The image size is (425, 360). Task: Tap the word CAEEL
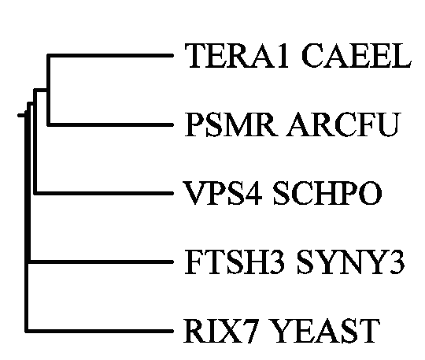point(357,55)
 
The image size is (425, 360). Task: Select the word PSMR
point(231,124)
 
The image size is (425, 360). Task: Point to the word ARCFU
point(343,124)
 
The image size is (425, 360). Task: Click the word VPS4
point(223,193)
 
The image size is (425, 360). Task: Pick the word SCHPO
point(327,193)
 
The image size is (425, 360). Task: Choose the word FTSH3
point(235,262)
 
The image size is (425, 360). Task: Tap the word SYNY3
point(350,262)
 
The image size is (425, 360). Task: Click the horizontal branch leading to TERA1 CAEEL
point(110,55)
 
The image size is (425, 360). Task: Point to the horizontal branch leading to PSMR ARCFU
point(110,124)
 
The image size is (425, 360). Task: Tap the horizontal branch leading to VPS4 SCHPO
point(104,193)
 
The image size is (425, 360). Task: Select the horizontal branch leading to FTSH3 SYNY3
point(101,262)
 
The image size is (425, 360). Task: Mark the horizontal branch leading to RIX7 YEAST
point(99,331)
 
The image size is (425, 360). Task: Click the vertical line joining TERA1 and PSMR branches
point(49,90)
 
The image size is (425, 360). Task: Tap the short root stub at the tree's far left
point(21,116)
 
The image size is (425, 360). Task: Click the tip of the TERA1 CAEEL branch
point(173,55)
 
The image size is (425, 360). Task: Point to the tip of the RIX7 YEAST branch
point(173,331)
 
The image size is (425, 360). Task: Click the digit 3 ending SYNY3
point(397,262)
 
